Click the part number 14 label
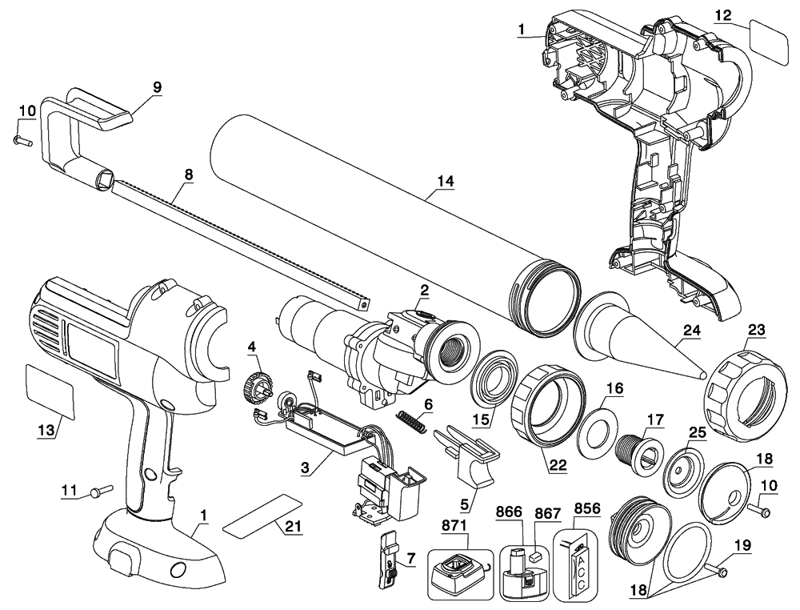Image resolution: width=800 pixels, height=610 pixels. [x=445, y=183]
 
